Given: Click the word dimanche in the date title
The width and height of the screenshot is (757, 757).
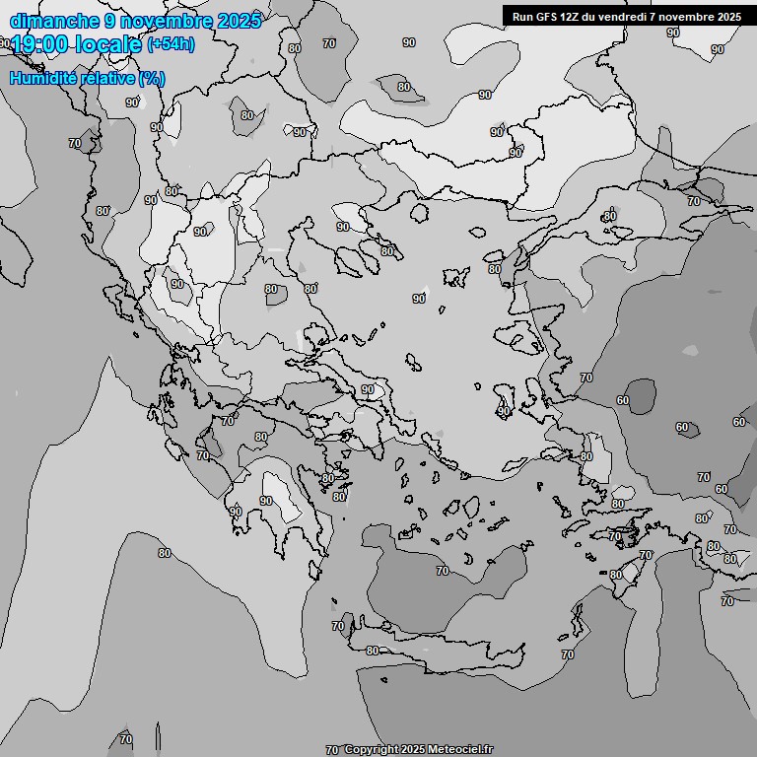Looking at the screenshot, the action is [x=54, y=20].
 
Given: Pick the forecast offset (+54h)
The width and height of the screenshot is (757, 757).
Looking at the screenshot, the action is [x=171, y=44].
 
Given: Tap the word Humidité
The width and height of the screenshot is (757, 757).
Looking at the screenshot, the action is [x=45, y=78].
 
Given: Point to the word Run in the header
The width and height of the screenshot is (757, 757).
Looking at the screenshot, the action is [x=523, y=17].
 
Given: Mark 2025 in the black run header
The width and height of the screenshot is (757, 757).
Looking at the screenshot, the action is [x=728, y=17].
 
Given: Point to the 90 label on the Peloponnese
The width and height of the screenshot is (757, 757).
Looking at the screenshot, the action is [x=266, y=501].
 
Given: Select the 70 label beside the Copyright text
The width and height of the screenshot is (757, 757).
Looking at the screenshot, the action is [x=332, y=749].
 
